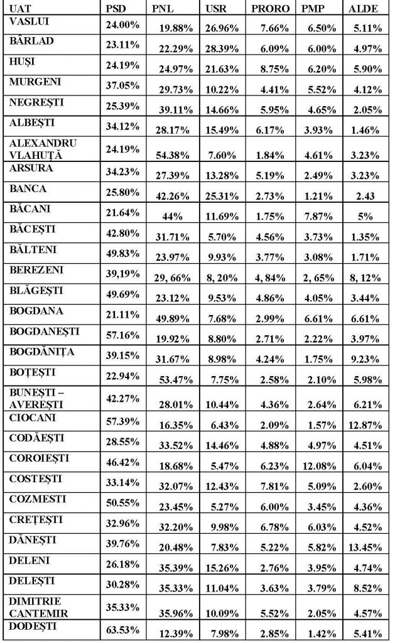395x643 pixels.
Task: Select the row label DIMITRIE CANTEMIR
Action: [41, 605]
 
